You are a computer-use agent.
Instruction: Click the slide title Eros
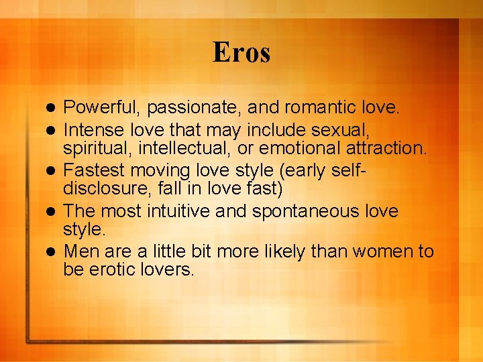tap(241, 52)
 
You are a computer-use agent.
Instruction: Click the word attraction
tap(386, 147)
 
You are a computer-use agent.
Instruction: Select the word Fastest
tap(92, 166)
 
